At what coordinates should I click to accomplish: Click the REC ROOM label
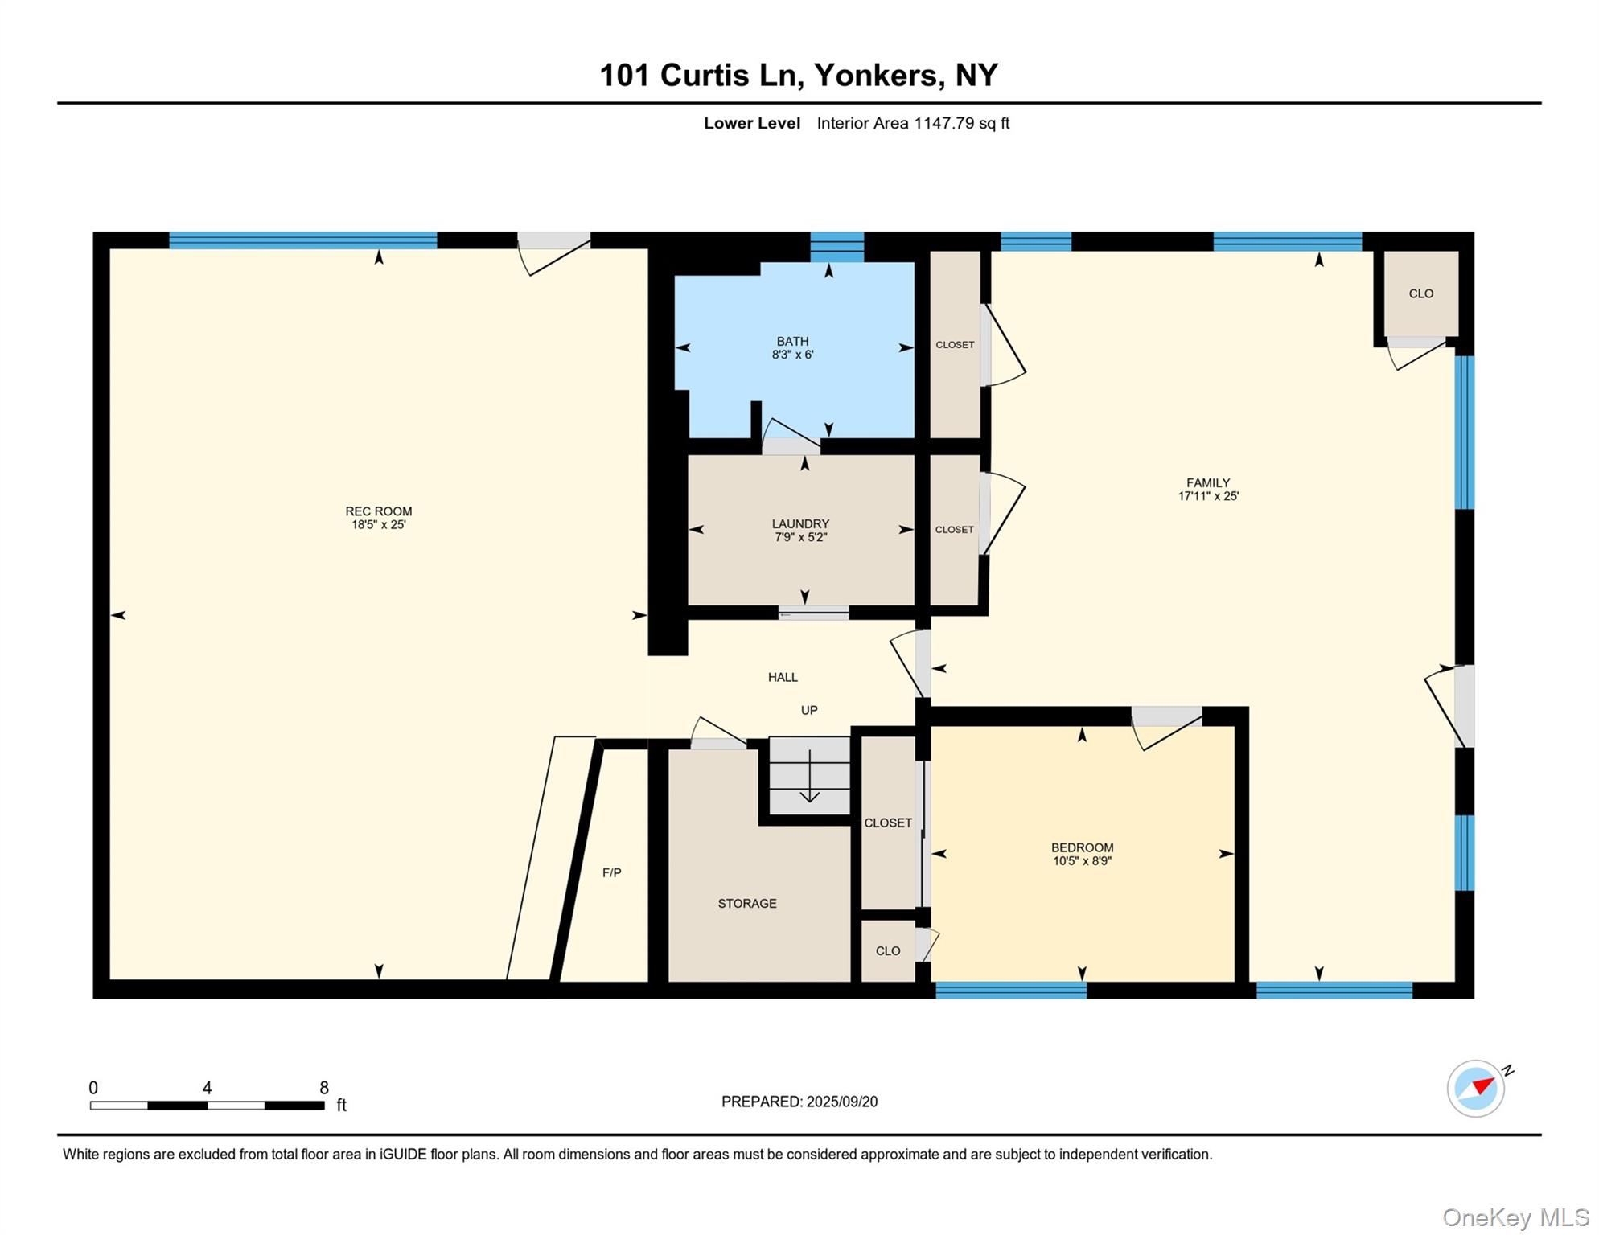click(x=378, y=511)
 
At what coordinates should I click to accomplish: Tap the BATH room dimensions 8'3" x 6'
click(x=792, y=355)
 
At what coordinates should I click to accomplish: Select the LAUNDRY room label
click(x=800, y=523)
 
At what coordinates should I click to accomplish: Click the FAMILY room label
click(x=1207, y=482)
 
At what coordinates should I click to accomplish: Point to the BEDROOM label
click(x=1082, y=847)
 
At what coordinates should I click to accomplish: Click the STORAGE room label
click(x=746, y=903)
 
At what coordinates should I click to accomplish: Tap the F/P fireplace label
click(x=611, y=872)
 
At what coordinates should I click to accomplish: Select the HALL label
click(x=782, y=677)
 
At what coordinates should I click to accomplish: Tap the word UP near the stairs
click(x=808, y=710)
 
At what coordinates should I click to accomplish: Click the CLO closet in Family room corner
click(x=1420, y=293)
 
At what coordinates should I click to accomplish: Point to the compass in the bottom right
click(x=1475, y=1088)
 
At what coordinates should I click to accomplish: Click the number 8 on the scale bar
click(x=324, y=1088)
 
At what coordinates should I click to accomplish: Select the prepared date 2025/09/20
click(x=841, y=1102)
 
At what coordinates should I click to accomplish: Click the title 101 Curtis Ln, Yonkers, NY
click(x=799, y=75)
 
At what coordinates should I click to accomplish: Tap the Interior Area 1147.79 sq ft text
click(x=912, y=123)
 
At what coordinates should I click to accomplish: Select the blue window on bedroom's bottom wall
click(x=1010, y=991)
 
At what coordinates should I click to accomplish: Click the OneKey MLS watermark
click(x=1515, y=1217)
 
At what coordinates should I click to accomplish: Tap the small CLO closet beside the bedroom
click(x=887, y=950)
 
